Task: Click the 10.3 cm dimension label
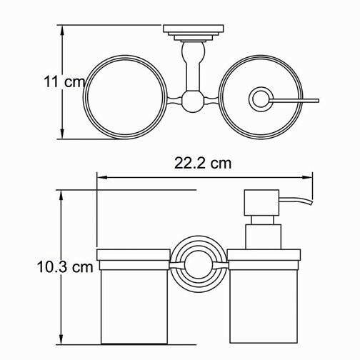click(x=66, y=268)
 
